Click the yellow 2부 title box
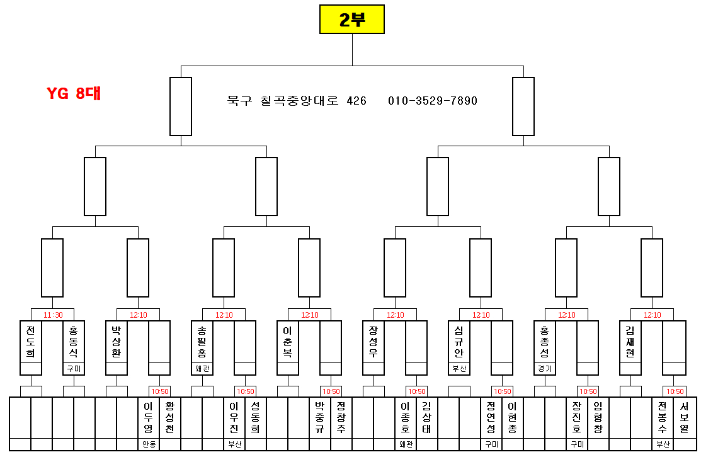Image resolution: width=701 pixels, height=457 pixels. click(x=351, y=20)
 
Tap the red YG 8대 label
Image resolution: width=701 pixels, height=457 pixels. click(x=74, y=93)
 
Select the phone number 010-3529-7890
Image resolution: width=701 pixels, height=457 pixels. click(x=432, y=101)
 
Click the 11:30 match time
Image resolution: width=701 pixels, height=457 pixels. click(x=53, y=315)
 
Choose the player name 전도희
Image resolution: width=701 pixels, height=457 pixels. click(x=31, y=341)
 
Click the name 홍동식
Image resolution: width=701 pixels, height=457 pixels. click(x=74, y=341)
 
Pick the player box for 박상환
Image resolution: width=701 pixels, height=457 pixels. click(x=117, y=341)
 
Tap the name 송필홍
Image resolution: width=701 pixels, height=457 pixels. click(x=202, y=341)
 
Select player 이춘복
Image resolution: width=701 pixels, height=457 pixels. click(x=288, y=341)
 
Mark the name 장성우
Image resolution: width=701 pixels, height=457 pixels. click(x=373, y=341)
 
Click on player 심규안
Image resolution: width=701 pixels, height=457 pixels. click(x=459, y=341)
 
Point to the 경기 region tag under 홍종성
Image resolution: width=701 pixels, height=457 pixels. click(x=545, y=369)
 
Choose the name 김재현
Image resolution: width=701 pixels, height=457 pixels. click(x=630, y=341)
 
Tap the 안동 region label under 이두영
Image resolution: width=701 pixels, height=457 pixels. click(x=149, y=444)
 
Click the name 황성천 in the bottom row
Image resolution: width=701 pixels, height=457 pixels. click(x=170, y=417)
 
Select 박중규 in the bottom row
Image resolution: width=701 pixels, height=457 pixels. click(x=320, y=417)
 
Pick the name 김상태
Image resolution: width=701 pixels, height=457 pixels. click(x=427, y=417)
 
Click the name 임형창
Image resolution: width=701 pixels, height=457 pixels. click(x=598, y=417)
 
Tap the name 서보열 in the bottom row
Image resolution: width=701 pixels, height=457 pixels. click(x=684, y=417)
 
